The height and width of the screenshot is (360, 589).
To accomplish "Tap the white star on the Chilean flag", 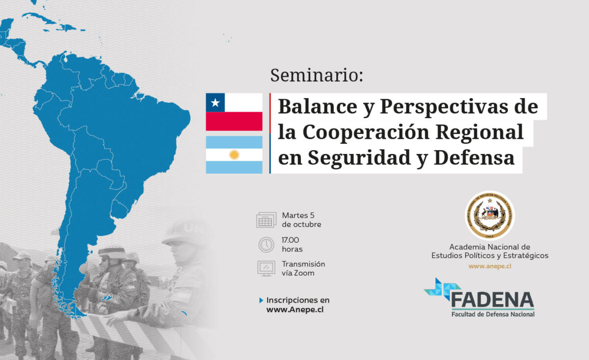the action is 215,103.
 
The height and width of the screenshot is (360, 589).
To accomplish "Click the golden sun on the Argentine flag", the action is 234,155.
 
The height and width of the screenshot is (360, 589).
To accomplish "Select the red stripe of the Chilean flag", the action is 234,121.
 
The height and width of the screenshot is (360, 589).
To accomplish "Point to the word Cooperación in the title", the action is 366,132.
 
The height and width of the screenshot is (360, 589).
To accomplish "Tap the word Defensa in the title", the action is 474,157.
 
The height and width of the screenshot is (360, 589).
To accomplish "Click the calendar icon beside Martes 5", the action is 266,220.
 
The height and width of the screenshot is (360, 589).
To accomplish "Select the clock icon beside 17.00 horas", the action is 266,245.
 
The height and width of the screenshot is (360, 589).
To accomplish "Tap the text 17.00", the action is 290,240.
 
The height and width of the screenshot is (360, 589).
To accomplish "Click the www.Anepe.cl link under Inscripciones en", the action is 295,309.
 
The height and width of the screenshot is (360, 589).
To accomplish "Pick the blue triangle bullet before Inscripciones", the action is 261,300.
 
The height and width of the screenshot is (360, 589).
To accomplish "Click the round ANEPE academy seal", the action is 490,215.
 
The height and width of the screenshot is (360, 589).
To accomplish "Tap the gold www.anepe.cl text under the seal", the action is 490,266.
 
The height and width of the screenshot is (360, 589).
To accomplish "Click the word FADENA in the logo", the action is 492,300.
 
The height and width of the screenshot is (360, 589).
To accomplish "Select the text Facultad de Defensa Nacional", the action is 493,314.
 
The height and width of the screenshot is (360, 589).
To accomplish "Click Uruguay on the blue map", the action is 120,209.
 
